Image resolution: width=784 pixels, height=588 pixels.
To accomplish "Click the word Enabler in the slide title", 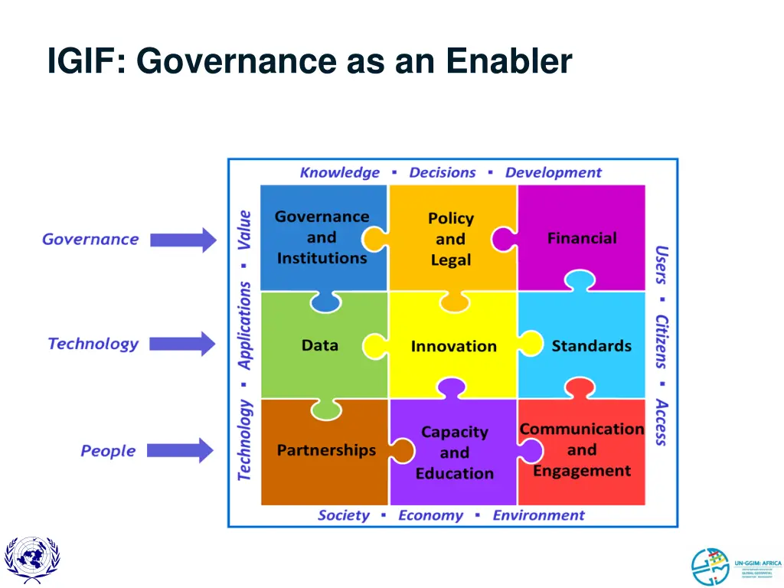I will [x=509, y=61].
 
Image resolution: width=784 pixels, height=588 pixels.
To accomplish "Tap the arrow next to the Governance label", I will [x=183, y=240].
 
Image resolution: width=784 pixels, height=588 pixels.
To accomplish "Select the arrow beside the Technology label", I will [x=182, y=344].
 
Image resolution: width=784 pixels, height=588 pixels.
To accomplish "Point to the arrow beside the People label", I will [x=180, y=450].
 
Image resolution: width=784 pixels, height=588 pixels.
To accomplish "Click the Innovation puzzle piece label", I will [x=453, y=346].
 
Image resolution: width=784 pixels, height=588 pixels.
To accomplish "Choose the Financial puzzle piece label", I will [x=582, y=238].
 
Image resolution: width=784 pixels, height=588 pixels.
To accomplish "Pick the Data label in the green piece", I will [x=320, y=345].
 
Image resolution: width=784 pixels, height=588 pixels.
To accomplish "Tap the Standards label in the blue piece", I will [x=591, y=346].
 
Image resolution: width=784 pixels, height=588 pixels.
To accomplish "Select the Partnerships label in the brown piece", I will [x=326, y=450].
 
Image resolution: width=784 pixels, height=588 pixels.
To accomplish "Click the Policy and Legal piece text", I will [x=450, y=239].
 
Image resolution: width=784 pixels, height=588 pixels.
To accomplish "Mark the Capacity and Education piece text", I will [x=454, y=452].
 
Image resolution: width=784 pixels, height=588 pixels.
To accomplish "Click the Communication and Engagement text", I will [x=582, y=450].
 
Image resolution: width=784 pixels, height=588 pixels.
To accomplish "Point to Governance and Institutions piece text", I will [x=322, y=237].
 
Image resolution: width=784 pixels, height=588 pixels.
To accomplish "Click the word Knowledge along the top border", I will [x=339, y=172].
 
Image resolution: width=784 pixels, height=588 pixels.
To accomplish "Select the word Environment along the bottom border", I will [x=538, y=515].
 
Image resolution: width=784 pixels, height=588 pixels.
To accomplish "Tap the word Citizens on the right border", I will [x=661, y=341].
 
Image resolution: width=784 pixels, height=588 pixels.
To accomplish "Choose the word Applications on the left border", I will [x=244, y=325].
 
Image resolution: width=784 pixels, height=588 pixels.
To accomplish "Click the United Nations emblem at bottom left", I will [x=31, y=560].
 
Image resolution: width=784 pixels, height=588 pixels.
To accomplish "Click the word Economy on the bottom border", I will [x=430, y=515].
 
